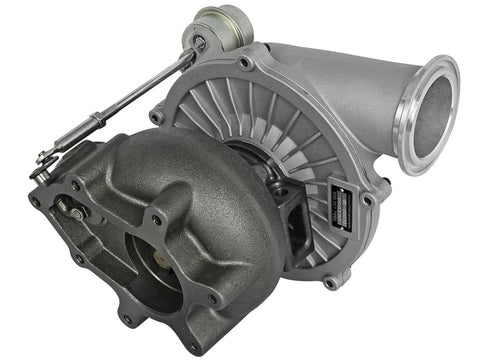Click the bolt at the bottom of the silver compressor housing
[x=330, y=283]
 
